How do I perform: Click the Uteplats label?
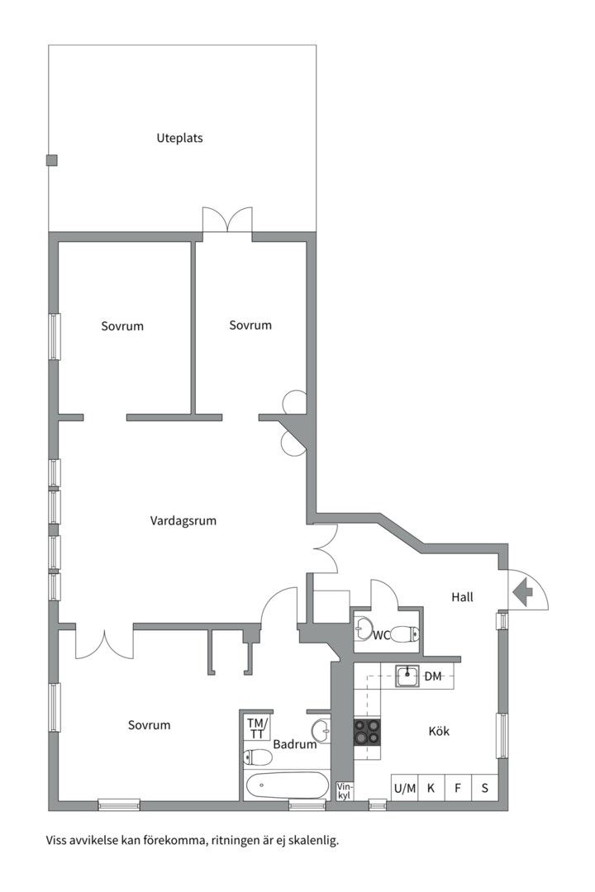click(x=179, y=138)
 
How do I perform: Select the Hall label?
click(x=463, y=596)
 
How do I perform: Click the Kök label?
click(x=440, y=731)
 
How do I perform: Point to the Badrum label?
click(x=295, y=744)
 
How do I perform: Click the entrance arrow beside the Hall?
click(x=522, y=591)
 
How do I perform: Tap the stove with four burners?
click(x=368, y=733)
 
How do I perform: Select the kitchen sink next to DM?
click(x=407, y=676)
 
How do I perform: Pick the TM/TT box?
click(x=257, y=728)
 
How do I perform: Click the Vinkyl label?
click(x=345, y=790)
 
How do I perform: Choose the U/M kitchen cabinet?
click(x=404, y=788)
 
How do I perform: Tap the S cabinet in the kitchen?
click(x=485, y=788)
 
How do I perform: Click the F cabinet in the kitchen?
click(x=458, y=788)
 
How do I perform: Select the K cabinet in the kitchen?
click(x=431, y=788)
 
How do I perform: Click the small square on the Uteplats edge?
click(x=52, y=160)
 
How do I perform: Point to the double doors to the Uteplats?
click(x=227, y=221)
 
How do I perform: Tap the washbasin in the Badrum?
click(x=321, y=730)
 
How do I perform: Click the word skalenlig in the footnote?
click(x=313, y=841)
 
